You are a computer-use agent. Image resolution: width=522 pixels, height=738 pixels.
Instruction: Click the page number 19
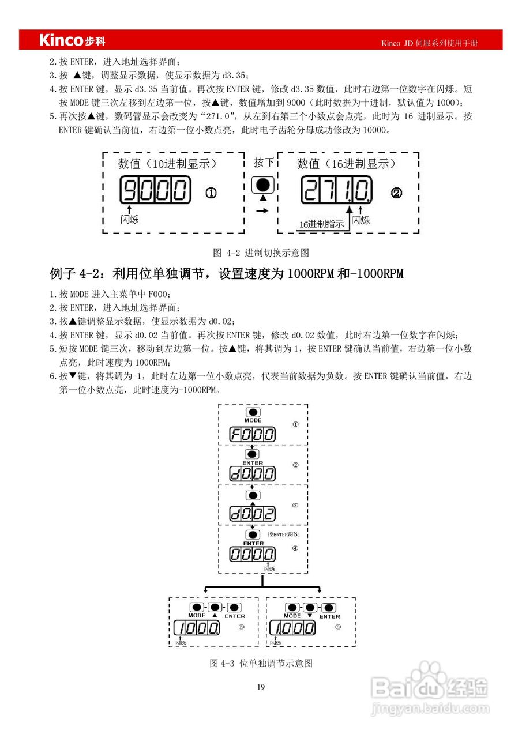click(x=261, y=686)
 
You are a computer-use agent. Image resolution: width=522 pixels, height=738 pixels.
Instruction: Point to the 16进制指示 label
click(x=321, y=224)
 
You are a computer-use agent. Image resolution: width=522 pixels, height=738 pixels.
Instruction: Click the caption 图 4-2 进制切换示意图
click(x=261, y=253)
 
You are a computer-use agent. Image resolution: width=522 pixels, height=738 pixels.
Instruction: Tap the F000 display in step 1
click(x=253, y=435)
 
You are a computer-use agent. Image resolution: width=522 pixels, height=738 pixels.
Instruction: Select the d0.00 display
click(x=253, y=475)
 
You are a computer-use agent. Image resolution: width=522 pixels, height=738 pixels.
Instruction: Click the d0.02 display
click(x=253, y=513)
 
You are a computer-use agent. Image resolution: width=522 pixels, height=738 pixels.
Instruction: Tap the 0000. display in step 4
click(x=253, y=555)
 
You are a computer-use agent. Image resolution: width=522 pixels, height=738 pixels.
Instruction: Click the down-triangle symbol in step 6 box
click(x=310, y=616)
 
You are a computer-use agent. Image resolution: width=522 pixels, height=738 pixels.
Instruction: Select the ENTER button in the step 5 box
click(x=234, y=608)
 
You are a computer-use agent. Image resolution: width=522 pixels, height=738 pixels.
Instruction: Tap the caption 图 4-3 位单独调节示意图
click(x=261, y=663)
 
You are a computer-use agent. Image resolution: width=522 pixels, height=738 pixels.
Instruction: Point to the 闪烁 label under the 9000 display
click(x=129, y=219)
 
